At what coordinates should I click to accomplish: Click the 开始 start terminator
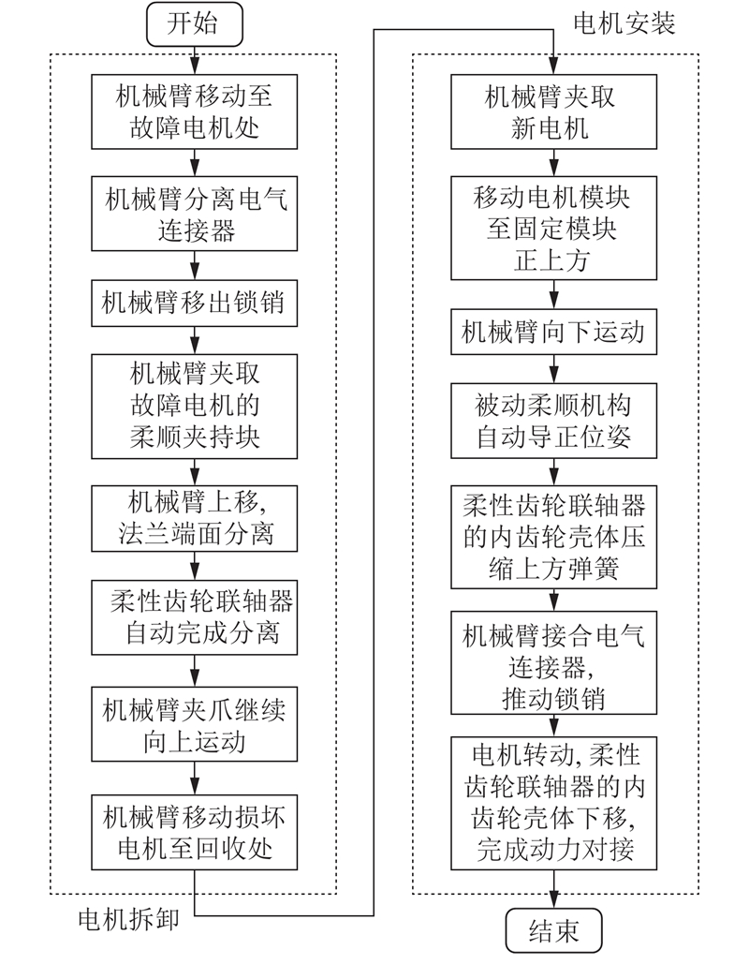click(x=194, y=24)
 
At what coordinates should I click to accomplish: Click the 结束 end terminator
click(x=553, y=931)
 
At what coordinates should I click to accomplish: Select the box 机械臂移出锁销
click(x=194, y=304)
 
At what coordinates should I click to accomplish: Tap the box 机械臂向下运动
click(x=553, y=332)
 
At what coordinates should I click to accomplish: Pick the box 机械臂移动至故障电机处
click(x=194, y=111)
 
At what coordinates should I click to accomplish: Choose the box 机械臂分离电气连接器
click(x=194, y=214)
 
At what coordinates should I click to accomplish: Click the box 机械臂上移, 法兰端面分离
click(x=194, y=518)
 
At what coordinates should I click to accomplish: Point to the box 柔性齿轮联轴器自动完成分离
click(x=194, y=617)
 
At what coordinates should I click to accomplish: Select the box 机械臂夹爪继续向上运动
click(x=194, y=724)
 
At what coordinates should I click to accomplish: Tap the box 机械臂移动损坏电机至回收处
click(x=194, y=833)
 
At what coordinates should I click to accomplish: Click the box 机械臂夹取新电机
click(x=553, y=111)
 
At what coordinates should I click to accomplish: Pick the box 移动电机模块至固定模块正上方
click(x=553, y=228)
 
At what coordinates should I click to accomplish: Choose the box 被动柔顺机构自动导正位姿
click(x=553, y=421)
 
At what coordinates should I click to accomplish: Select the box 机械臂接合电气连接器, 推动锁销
click(x=553, y=662)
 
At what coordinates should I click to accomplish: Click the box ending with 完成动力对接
click(x=553, y=803)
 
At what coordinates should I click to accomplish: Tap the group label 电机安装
click(x=624, y=24)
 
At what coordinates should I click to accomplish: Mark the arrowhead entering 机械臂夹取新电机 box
click(x=553, y=67)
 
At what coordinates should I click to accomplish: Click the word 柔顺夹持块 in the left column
click(x=194, y=438)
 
